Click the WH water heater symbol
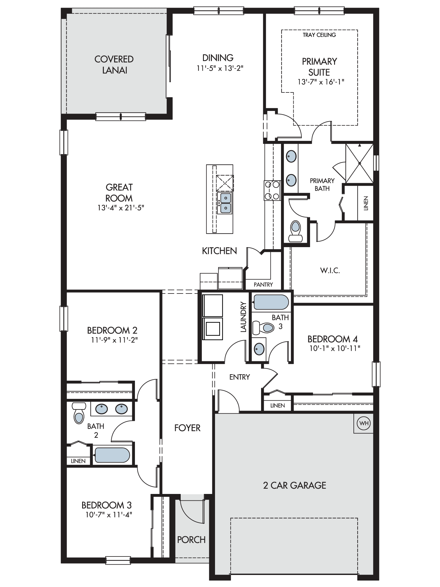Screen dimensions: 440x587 pyautogui.click(x=364, y=424)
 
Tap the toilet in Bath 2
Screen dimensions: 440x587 pyautogui.click(x=79, y=413)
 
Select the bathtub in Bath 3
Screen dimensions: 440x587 pyautogui.click(x=271, y=302)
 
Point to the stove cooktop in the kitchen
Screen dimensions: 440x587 pyautogui.click(x=272, y=190)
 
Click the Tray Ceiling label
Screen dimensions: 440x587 pyautogui.click(x=319, y=35)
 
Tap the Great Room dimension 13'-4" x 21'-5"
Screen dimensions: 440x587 pyautogui.click(x=121, y=208)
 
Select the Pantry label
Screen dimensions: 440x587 pyautogui.click(x=263, y=284)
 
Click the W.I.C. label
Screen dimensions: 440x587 pyautogui.click(x=330, y=271)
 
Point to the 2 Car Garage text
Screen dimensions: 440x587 pyautogui.click(x=295, y=485)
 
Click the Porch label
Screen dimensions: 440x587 pyautogui.click(x=191, y=539)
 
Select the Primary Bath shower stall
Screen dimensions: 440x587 pyautogui.click(x=360, y=163)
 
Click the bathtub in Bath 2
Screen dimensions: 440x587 pyautogui.click(x=112, y=455)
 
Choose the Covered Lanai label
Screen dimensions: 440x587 pyautogui.click(x=114, y=65)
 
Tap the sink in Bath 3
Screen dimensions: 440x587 pyautogui.click(x=259, y=349)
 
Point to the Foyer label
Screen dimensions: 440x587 pyautogui.click(x=187, y=428)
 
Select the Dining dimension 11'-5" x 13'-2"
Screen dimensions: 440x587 pyautogui.click(x=220, y=68)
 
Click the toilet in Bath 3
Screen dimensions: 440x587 pyautogui.click(x=264, y=328)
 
